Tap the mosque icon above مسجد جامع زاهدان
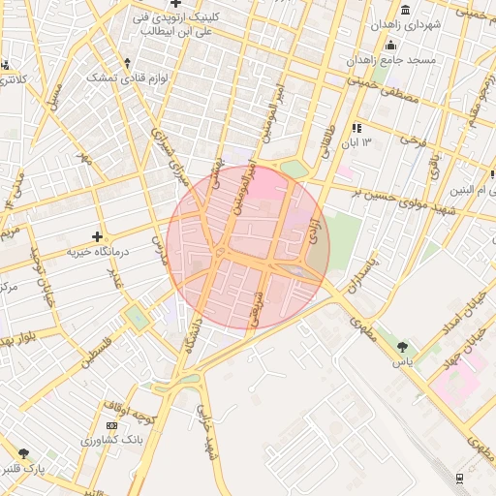click(390, 46)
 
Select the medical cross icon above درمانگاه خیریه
click(97, 236)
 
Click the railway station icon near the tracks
click(458, 477)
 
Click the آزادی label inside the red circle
click(313, 230)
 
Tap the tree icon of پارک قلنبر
click(23, 453)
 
